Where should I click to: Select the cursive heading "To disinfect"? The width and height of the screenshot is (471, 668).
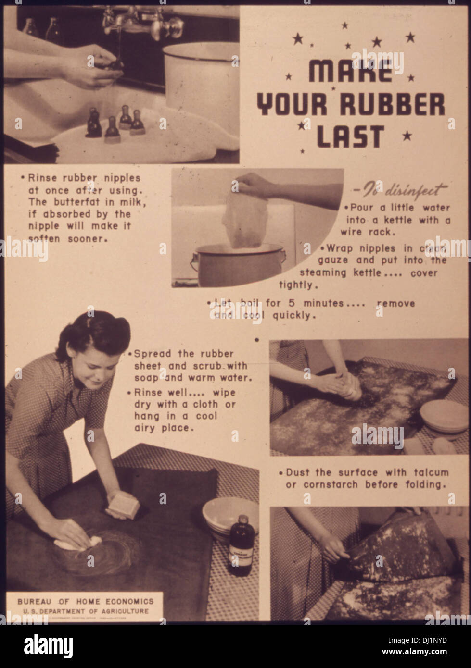(404, 190)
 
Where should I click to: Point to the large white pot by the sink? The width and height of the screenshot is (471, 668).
(201, 82)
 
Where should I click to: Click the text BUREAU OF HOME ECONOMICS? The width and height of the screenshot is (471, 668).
(86, 601)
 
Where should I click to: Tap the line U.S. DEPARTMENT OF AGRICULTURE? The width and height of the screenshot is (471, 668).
(86, 611)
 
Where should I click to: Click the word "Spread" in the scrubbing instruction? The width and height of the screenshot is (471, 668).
(151, 354)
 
